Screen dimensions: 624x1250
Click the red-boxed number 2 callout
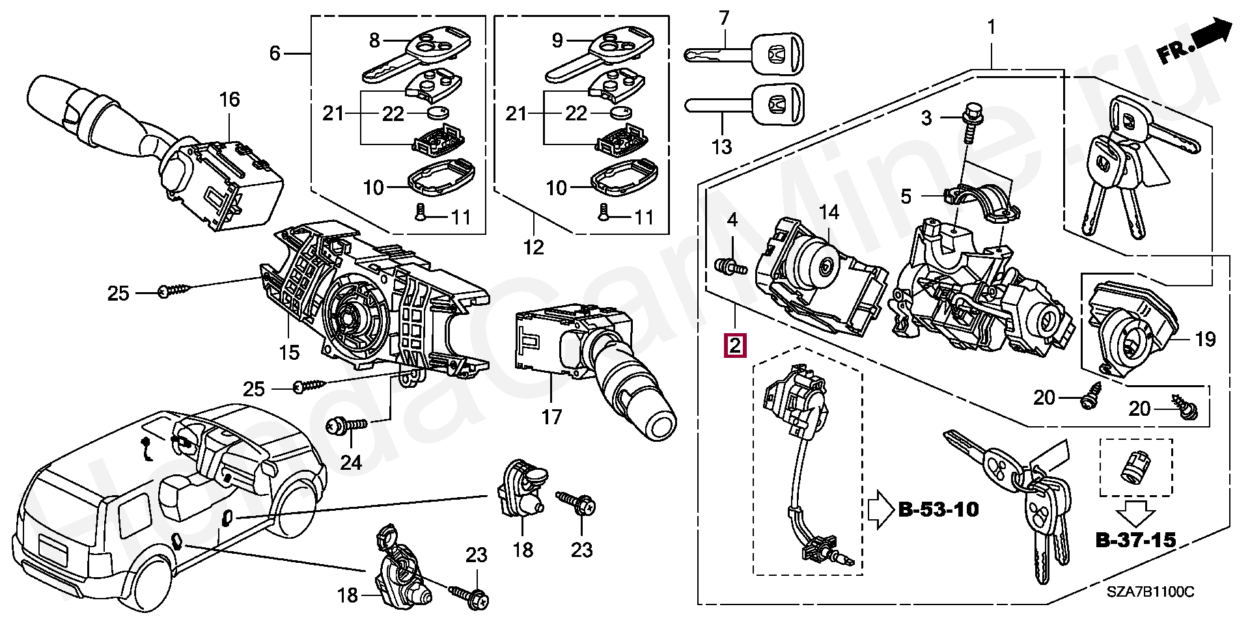coord(734,346)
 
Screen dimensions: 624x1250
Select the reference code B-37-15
coord(1135,539)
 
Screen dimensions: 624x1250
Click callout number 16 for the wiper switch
coord(229,100)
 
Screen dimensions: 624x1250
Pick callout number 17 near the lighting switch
coord(551,416)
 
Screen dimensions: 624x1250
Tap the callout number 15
coord(289,352)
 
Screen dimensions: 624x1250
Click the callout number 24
coord(351,463)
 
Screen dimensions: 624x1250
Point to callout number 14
coord(829,212)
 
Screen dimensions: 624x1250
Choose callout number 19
coord(1206,339)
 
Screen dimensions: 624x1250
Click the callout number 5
coord(906,196)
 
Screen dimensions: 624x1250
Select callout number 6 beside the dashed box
coord(274,53)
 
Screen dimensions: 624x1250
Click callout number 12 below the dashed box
coord(533,247)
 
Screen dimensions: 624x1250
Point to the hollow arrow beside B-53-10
coord(880,509)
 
